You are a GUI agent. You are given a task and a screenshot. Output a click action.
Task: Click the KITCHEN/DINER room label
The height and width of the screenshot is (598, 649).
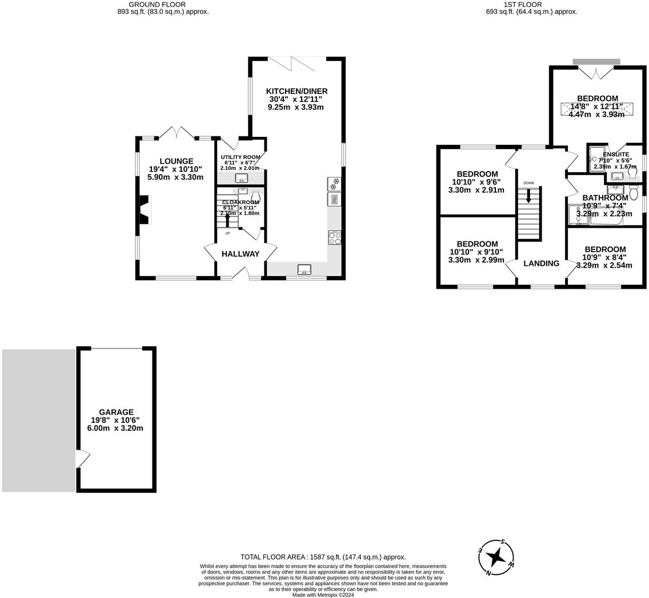pos(297,91)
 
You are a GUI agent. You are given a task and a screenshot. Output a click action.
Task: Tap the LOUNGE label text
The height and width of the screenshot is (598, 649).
pos(176,161)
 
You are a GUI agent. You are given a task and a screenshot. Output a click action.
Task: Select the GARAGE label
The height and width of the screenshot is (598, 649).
pos(116,412)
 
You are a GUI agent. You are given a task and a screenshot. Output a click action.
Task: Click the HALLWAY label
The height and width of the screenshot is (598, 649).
pos(241,254)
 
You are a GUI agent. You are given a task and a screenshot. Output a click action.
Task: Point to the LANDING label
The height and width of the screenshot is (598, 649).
pos(541,263)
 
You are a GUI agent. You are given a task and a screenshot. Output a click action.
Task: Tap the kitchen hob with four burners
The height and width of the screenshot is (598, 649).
pos(335,237)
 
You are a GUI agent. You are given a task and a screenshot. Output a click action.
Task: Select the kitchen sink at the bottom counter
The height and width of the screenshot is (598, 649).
pos(304,269)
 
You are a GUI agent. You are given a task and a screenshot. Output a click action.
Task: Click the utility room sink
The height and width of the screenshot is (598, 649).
pos(241,178)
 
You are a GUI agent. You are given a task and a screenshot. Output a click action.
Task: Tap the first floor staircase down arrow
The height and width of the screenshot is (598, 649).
pos(528,196)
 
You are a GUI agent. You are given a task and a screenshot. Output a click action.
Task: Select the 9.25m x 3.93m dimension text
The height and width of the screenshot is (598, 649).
pos(296,107)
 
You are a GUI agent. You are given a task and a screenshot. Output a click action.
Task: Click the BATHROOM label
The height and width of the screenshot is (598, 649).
pos(605,198)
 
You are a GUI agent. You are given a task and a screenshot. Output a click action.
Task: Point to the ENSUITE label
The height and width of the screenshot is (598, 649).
pos(616,155)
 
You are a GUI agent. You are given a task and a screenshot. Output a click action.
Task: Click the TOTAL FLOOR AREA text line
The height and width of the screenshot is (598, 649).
pos(323,557)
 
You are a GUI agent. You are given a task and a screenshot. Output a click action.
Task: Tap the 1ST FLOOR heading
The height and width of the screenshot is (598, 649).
pos(514,5)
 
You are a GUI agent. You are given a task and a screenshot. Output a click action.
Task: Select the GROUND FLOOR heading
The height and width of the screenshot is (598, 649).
pos(149,5)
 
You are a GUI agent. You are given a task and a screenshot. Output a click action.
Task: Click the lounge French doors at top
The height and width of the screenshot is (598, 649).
pos(177,134)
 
